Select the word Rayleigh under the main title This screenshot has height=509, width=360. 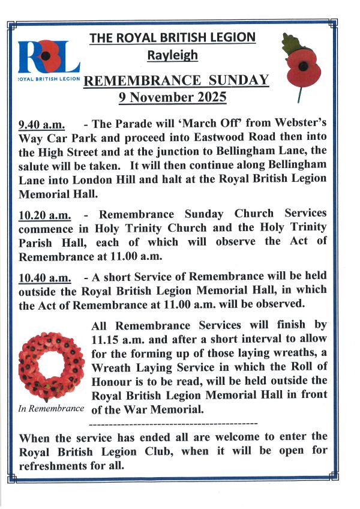pos(172,56)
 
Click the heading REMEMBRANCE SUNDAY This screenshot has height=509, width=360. pos(176,81)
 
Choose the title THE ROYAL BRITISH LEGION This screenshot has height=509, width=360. pos(172,38)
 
